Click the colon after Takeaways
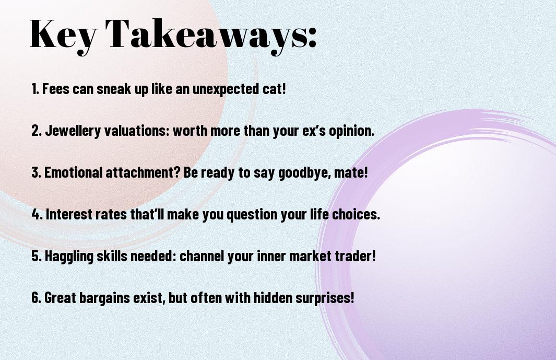pos(312,38)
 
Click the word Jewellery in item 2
pos(73,131)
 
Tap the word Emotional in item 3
pos(74,172)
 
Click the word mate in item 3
pos(349,173)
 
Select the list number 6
pos(36,298)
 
